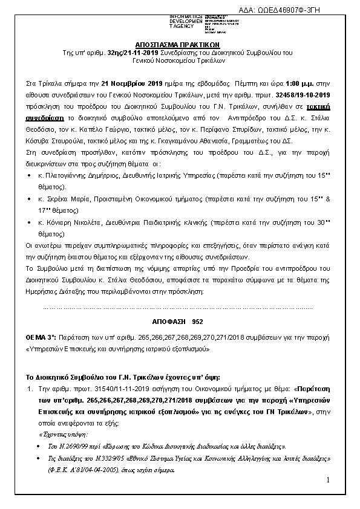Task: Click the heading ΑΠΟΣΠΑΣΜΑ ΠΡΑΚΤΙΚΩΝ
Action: pos(180,45)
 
